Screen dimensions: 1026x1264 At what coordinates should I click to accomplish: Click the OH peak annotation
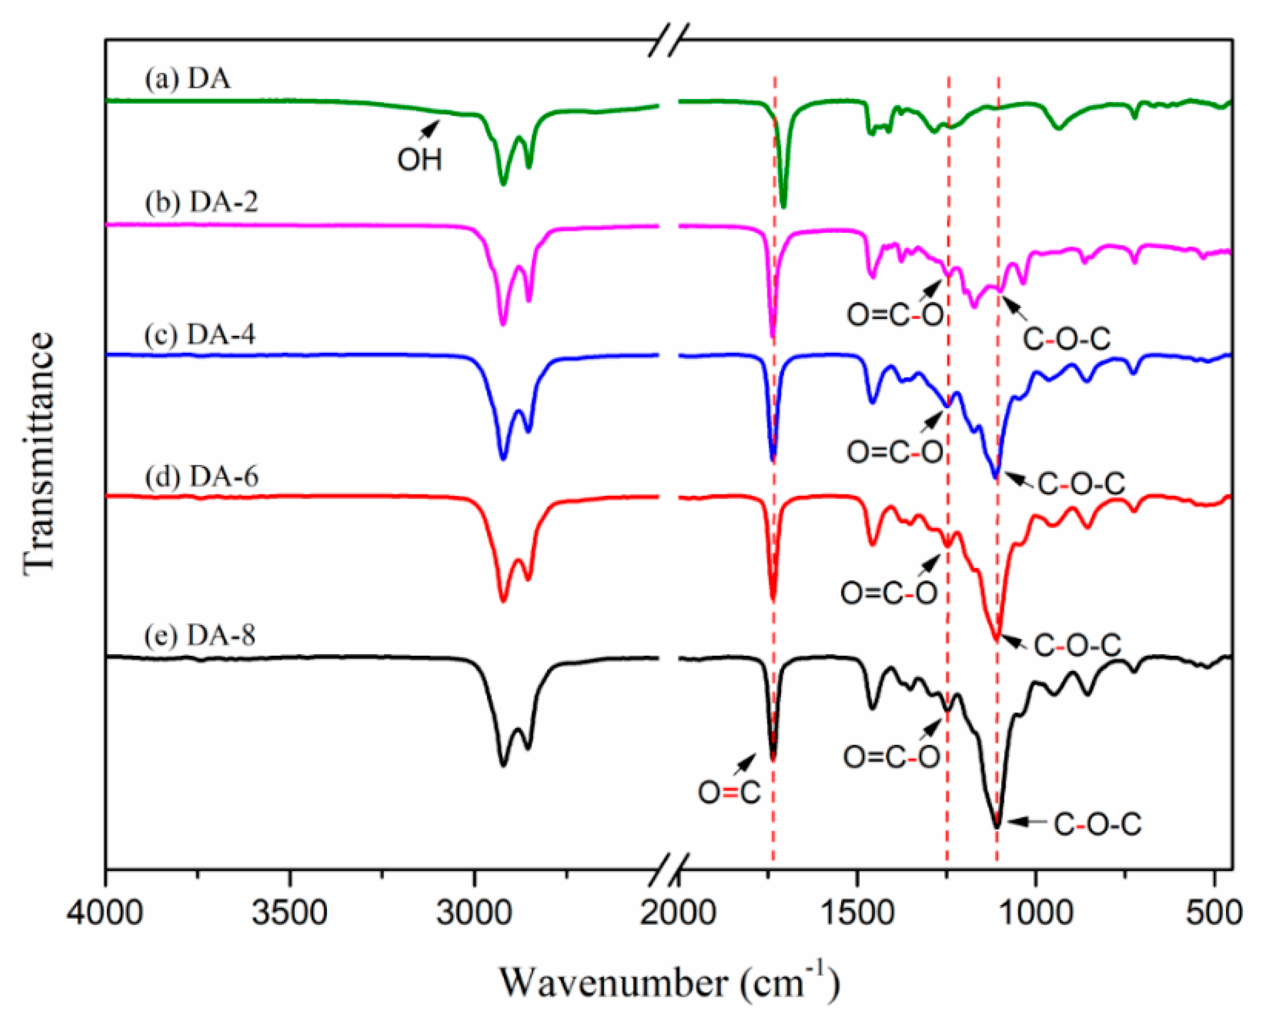(419, 159)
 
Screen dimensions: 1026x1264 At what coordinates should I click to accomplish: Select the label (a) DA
(187, 79)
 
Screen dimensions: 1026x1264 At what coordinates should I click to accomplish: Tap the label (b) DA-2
(201, 202)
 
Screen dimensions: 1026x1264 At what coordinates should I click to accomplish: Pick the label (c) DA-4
(200, 335)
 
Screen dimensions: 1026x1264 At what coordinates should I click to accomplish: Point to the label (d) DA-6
(201, 476)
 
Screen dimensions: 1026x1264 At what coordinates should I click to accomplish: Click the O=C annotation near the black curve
(728, 793)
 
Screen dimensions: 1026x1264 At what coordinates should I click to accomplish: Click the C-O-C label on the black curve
(1097, 824)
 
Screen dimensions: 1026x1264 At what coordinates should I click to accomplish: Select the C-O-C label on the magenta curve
(1067, 339)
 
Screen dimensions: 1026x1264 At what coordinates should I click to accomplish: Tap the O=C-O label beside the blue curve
(895, 452)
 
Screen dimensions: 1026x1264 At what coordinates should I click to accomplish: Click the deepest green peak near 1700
(784, 206)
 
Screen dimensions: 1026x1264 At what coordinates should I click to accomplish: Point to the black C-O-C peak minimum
(996, 826)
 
